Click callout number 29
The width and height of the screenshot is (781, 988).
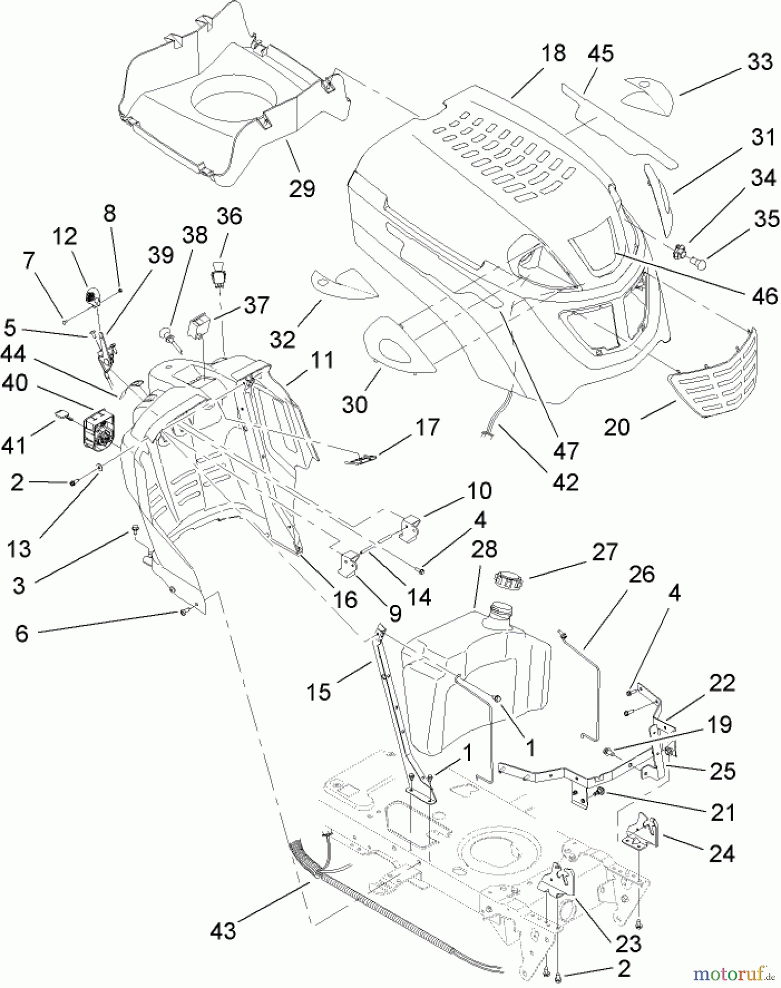302,189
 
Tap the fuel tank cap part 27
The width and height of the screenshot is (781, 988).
509,579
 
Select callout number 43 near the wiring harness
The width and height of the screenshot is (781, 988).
223,931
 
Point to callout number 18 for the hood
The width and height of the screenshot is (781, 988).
553,54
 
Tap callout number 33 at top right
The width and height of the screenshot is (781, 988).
760,62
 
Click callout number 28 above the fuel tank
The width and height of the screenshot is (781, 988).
484,549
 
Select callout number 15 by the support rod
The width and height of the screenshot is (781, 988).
319,692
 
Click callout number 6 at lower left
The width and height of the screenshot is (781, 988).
21,633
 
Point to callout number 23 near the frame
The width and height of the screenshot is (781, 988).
628,944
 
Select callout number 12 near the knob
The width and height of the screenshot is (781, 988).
65,237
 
